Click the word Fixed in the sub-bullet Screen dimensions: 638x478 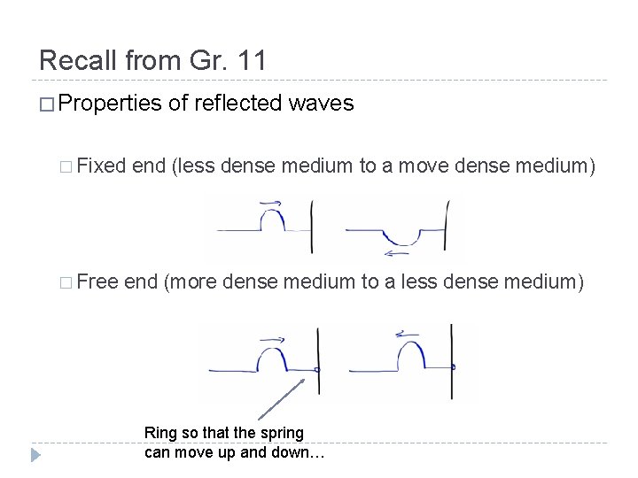(x=101, y=166)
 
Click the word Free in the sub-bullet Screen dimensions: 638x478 (x=97, y=281)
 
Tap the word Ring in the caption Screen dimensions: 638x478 (x=160, y=433)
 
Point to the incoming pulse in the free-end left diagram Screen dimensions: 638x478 (x=272, y=358)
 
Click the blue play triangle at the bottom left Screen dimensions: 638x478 (x=35, y=456)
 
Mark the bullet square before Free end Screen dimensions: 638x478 (x=68, y=282)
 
